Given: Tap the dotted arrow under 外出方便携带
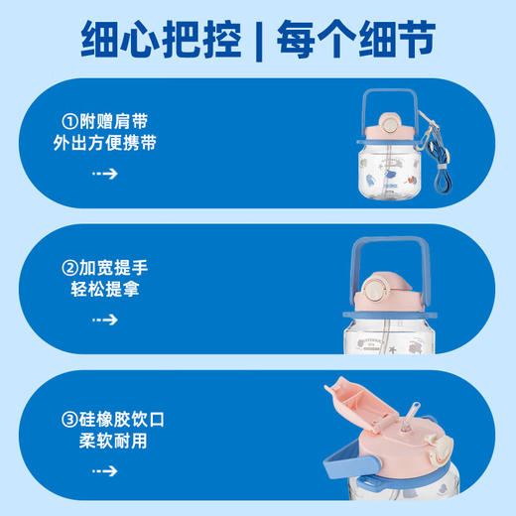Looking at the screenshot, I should pyautogui.click(x=105, y=174).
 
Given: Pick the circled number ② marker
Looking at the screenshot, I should pyautogui.click(x=68, y=267).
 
